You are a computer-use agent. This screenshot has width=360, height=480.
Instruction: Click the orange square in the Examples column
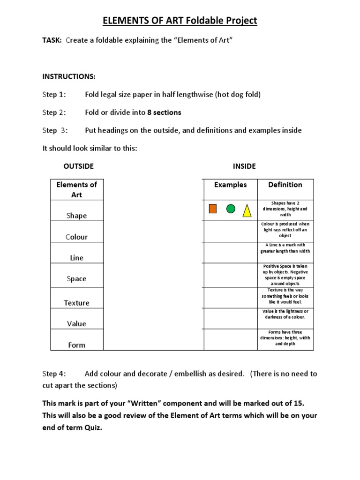213,209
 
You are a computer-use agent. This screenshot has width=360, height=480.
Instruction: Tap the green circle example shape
231,209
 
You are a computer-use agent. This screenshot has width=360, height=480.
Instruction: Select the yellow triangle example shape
247,210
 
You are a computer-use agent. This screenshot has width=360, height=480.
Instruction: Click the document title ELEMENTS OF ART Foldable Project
180,21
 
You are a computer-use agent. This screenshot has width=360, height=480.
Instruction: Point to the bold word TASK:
52,40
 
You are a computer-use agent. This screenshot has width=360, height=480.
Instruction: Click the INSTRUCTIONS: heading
69,76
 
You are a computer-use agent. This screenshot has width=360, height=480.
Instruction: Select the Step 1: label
54,94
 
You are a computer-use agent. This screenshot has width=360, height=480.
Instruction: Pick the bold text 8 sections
164,112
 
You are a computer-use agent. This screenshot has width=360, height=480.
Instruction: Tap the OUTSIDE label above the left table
78,166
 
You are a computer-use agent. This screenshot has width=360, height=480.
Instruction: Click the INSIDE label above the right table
244,166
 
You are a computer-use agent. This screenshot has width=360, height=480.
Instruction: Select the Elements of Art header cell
77,189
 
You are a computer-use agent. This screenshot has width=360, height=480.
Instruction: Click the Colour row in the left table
77,237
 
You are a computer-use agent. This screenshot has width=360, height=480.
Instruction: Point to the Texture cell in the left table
77,303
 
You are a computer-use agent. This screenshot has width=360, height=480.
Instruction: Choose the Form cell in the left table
77,345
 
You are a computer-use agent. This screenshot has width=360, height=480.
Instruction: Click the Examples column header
230,185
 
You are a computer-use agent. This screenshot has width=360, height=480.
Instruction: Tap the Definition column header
285,185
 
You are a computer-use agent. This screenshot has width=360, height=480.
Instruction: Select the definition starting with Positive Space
285,275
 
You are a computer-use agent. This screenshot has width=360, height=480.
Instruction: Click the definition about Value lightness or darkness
285,314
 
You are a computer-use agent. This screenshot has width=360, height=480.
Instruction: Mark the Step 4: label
54,374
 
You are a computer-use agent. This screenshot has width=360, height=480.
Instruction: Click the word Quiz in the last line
91,427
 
